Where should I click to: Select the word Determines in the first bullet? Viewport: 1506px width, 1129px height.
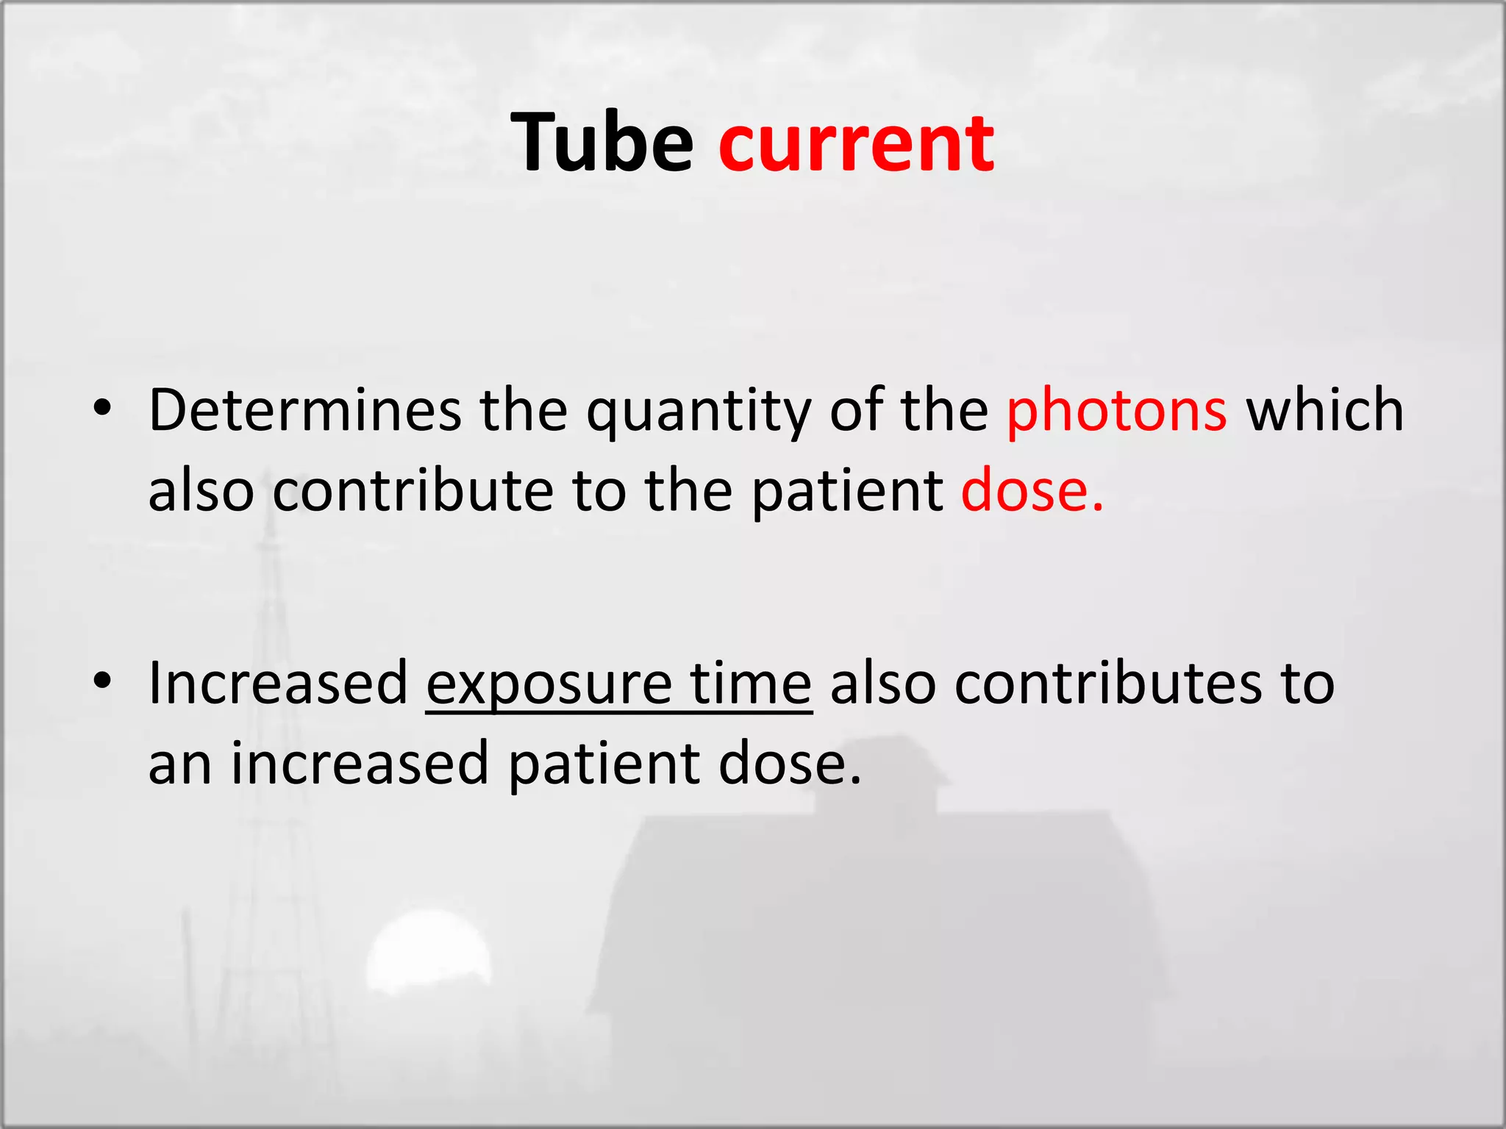pos(304,410)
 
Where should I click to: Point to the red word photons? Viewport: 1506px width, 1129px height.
pos(1116,410)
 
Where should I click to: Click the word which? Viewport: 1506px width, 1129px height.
pos(1324,410)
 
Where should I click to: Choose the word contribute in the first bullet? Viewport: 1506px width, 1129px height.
pos(413,490)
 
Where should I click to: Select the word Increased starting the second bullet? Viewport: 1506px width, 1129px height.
pos(278,683)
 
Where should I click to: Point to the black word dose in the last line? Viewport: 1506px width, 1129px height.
pos(789,764)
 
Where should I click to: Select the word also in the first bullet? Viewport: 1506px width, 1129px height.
pos(201,490)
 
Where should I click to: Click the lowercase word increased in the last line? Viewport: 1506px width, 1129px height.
pos(360,764)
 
